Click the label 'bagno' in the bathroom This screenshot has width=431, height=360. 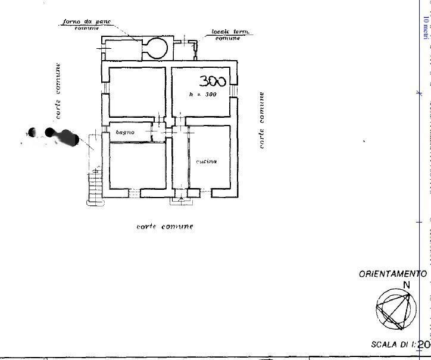pos(125,132)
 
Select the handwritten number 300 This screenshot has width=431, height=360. pos(213,81)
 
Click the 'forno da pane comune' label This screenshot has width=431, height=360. pos(87,25)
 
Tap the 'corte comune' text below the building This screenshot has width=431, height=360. pos(165,227)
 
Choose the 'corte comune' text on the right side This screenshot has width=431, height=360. pos(261,120)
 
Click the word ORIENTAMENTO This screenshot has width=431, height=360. pos(392,274)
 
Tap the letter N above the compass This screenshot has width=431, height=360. pos(407,284)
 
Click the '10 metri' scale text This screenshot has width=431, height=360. pos(425,27)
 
